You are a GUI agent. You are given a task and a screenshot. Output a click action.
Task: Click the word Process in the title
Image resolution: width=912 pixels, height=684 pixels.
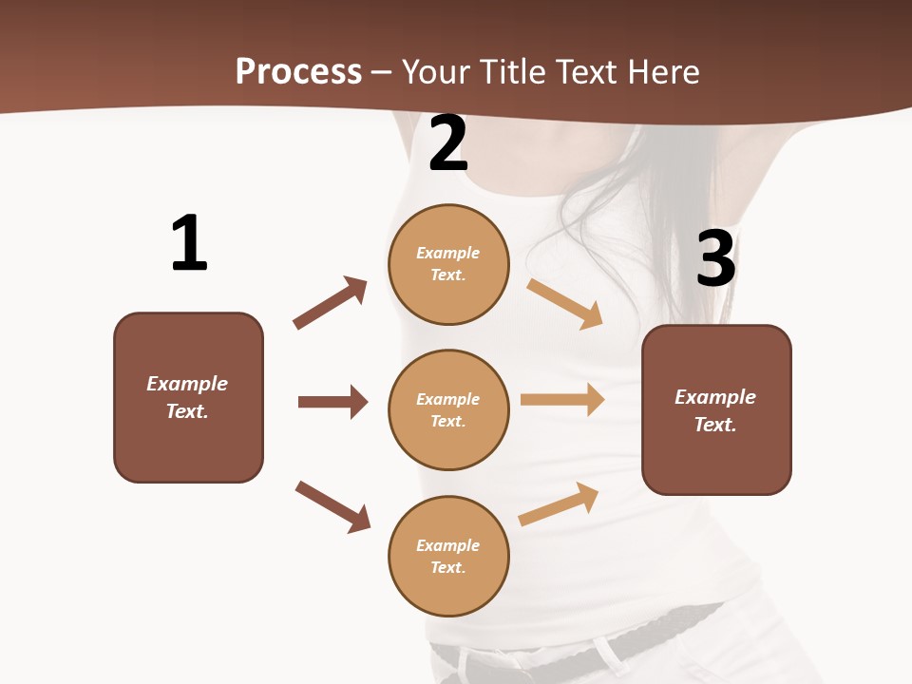pyautogui.click(x=298, y=71)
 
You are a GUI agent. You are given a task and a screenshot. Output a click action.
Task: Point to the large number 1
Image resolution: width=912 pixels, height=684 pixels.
pyautogui.click(x=189, y=243)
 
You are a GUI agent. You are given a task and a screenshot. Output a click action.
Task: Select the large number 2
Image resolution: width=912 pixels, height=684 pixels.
pyautogui.click(x=448, y=143)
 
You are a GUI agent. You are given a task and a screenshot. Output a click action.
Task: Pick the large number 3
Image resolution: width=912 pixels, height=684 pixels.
pyautogui.click(x=715, y=258)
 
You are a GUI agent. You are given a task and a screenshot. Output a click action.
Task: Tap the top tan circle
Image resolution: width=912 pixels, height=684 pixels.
pyautogui.click(x=448, y=264)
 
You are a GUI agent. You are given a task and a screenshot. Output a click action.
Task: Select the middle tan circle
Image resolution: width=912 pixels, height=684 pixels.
pyautogui.click(x=448, y=409)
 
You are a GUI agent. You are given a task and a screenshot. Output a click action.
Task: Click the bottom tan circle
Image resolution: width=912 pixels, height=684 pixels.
pyautogui.click(x=448, y=556)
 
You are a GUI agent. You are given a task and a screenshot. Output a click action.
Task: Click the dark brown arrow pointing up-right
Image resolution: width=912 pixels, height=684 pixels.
pyautogui.click(x=331, y=302)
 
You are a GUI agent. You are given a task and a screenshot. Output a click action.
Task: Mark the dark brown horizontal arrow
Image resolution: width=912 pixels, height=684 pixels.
pyautogui.click(x=332, y=402)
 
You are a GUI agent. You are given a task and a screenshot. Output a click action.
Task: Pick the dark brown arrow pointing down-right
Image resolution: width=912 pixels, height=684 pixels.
pyautogui.click(x=332, y=506)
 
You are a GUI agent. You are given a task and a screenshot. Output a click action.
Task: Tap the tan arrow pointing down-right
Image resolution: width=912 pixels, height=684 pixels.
pyautogui.click(x=565, y=304)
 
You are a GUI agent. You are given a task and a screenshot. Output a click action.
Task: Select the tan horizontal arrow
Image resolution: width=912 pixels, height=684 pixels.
pyautogui.click(x=562, y=400)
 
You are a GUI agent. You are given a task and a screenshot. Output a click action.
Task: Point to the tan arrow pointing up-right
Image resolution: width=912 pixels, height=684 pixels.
pyautogui.click(x=559, y=504)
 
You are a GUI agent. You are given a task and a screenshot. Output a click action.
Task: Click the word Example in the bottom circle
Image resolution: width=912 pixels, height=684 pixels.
pyautogui.click(x=448, y=545)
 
